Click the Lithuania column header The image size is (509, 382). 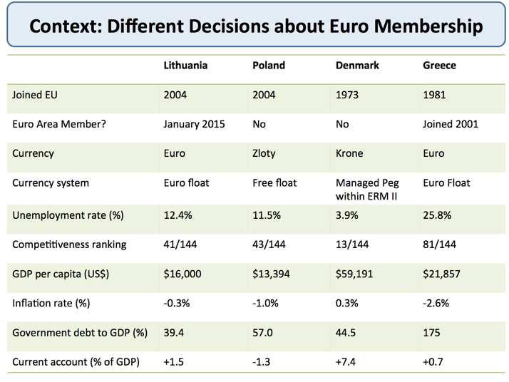click(185, 65)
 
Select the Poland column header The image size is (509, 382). click(269, 65)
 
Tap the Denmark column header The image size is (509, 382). click(357, 65)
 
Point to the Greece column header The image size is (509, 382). click(439, 65)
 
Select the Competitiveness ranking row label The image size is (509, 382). click(69, 244)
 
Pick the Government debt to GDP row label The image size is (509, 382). click(80, 332)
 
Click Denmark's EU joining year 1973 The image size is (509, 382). click(348, 94)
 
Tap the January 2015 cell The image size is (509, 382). click(194, 124)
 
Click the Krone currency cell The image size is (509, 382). click(350, 153)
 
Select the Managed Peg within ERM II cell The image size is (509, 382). click(366, 190)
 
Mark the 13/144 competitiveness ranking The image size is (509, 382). click(354, 244)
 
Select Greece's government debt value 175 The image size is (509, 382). click(432, 332)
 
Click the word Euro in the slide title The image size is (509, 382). click(344, 26)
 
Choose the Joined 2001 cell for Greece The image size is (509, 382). click(451, 124)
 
